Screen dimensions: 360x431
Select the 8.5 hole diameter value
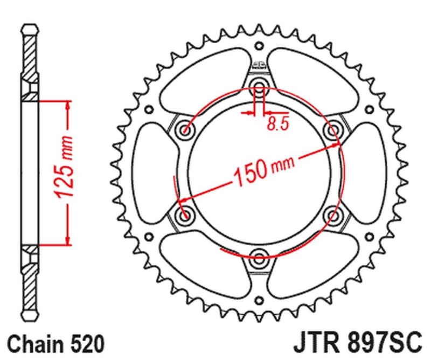(x=278, y=124)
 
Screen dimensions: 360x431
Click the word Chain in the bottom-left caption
(x=33, y=343)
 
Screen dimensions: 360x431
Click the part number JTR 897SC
(x=356, y=343)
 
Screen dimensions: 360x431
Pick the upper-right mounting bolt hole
(x=332, y=129)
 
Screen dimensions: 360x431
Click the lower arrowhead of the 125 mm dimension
(x=67, y=240)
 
